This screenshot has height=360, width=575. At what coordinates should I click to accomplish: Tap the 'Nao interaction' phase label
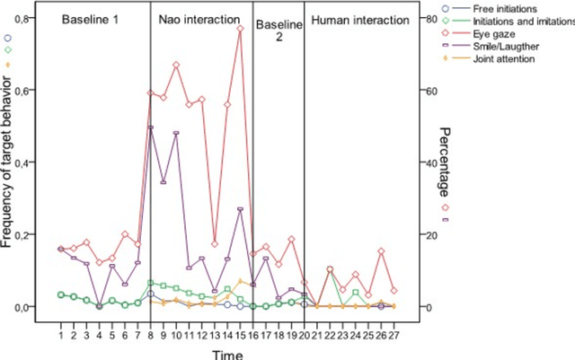point(201,18)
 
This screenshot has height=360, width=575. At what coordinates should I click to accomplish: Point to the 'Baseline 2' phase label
point(278,31)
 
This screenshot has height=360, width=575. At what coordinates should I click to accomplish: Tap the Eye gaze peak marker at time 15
point(240,29)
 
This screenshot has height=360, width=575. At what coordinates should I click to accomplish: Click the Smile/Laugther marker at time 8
point(151,127)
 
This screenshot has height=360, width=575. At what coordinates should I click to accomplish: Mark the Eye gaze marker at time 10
point(176,65)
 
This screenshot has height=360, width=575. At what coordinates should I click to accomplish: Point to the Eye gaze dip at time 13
point(215,243)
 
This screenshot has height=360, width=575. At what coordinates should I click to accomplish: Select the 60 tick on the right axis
point(432,91)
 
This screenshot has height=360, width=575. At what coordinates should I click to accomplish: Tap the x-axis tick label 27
point(394,335)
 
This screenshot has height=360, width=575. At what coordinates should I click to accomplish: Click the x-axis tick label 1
point(60,335)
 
